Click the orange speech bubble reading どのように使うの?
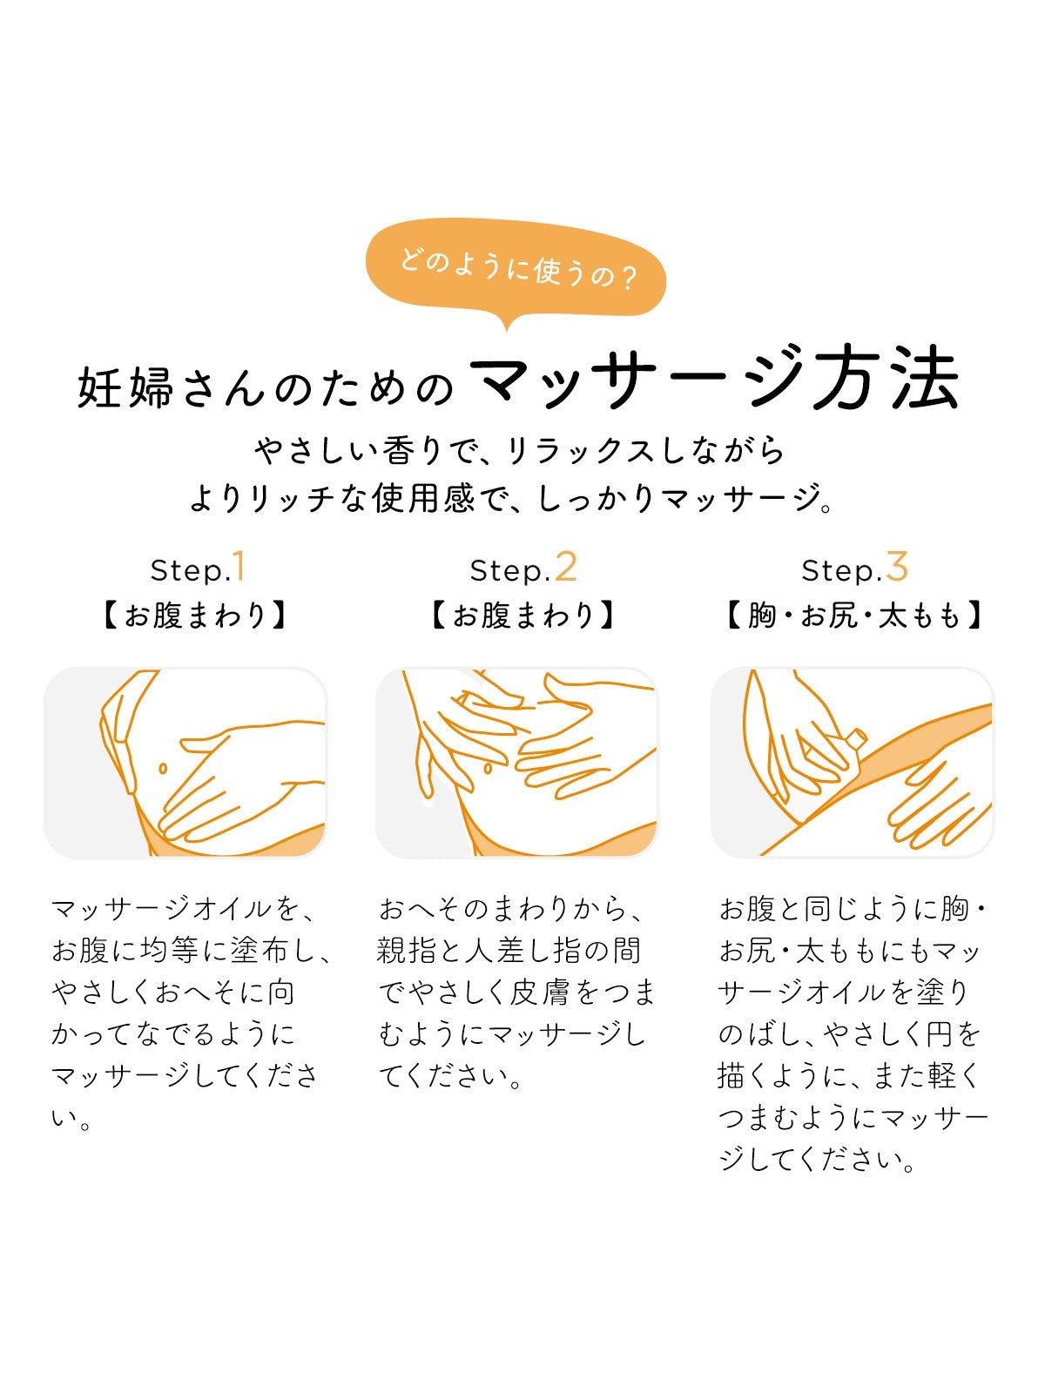click(516, 270)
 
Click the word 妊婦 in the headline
click(125, 387)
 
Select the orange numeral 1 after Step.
click(239, 566)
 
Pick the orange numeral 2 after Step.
click(565, 567)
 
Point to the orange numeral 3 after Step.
click(897, 566)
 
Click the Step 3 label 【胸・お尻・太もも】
click(854, 615)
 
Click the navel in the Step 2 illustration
click(488, 768)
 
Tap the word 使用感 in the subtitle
click(423, 498)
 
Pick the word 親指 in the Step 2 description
click(404, 951)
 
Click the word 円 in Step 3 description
click(940, 1034)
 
